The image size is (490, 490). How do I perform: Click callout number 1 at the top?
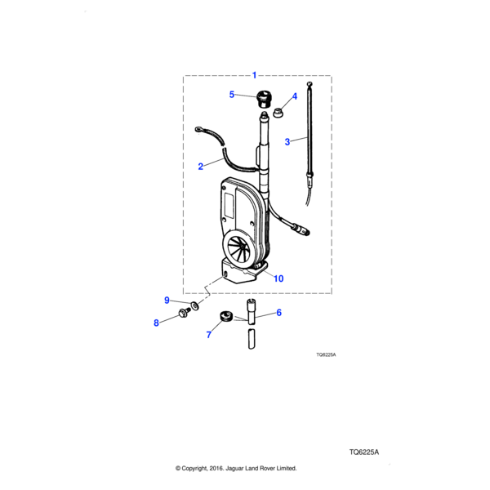point(254,74)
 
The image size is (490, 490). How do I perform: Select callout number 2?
point(200,167)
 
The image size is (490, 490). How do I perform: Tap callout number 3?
point(287,141)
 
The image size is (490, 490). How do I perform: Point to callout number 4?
point(294,96)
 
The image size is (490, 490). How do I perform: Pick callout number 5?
point(232,95)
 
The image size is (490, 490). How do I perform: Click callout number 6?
point(278,312)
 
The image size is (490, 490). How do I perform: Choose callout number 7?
point(208,334)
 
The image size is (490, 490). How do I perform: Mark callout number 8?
point(156,323)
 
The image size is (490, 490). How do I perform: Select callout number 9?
point(167,300)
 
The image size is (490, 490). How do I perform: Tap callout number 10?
point(278,278)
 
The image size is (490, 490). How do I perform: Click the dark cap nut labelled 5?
point(263,98)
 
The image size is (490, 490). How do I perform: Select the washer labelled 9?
point(194,307)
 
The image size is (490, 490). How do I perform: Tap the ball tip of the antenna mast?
point(310,82)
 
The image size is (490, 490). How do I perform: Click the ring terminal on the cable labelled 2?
point(198,127)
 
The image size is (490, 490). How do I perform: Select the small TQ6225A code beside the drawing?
point(327,355)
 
